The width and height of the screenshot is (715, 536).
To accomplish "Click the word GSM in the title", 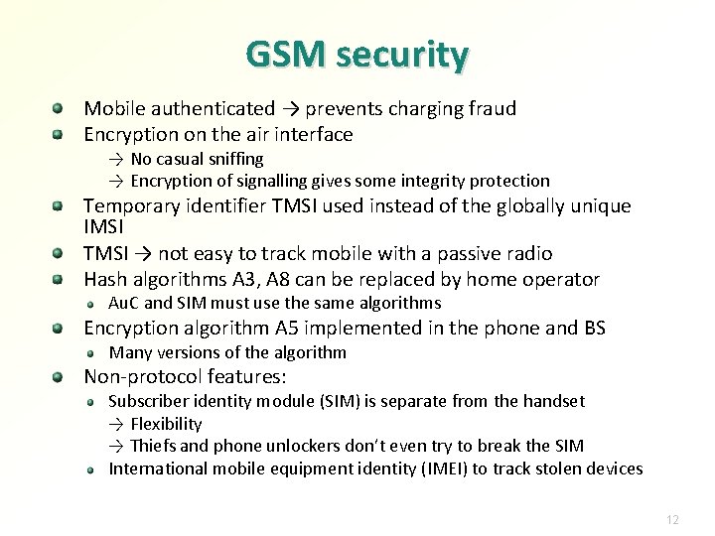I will [x=287, y=55].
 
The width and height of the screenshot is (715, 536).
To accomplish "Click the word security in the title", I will [x=402, y=56].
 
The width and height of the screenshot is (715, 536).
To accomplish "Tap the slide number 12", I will [x=672, y=519].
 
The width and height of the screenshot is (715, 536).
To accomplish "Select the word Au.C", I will [x=124, y=303].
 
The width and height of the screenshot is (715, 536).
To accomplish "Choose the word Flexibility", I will [x=166, y=424].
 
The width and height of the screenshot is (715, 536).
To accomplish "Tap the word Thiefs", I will [x=155, y=446].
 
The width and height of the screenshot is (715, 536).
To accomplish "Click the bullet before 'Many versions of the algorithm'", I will [x=89, y=352].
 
